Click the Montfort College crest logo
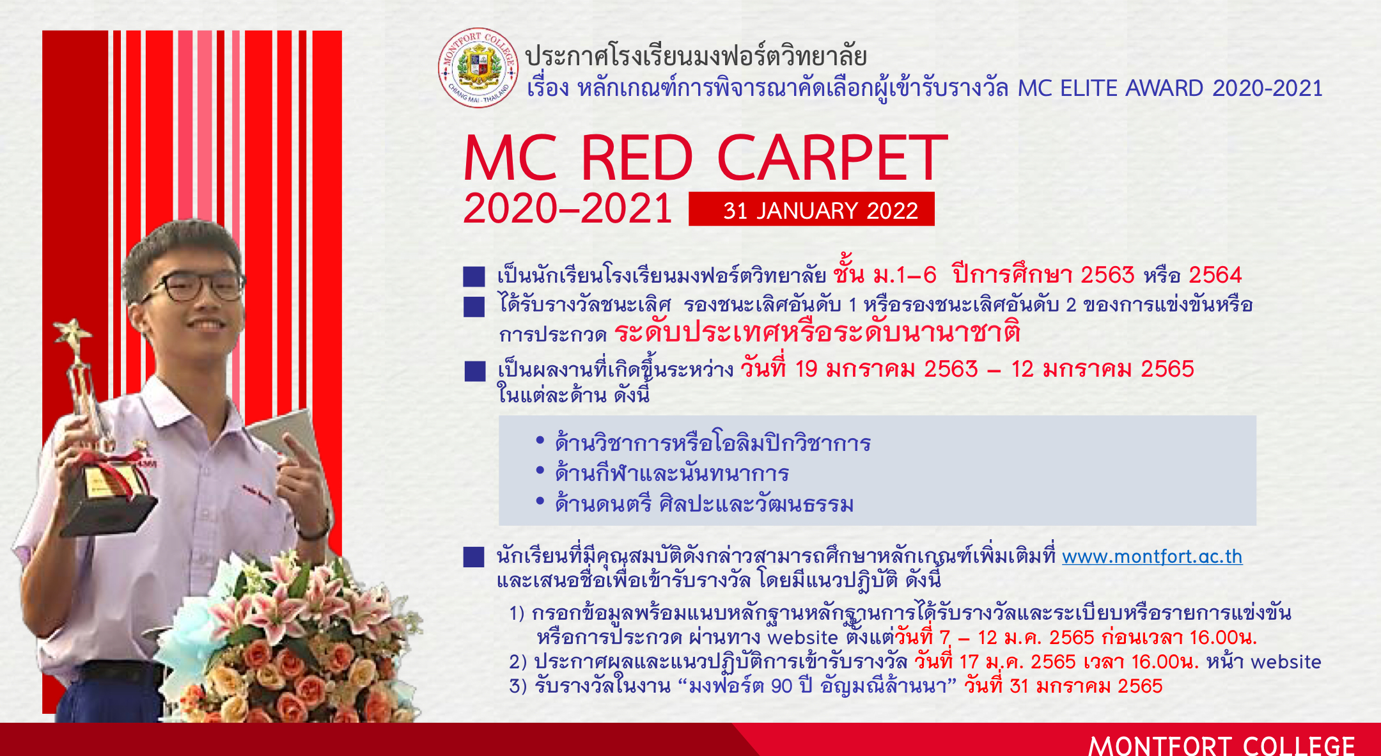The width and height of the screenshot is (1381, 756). pyautogui.click(x=479, y=68)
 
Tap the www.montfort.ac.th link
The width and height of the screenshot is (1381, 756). pyautogui.click(x=1152, y=556)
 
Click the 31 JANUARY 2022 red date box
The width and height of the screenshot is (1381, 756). pyautogui.click(x=811, y=209)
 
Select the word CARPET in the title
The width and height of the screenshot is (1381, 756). pyautogui.click(x=832, y=158)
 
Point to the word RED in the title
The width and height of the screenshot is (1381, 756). pyautogui.click(x=636, y=158)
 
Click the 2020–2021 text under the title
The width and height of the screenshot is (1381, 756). pyautogui.click(x=567, y=209)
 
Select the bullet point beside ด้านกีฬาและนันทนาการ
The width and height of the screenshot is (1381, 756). pyautogui.click(x=540, y=471)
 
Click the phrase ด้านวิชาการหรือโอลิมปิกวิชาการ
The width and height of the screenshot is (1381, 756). pyautogui.click(x=713, y=443)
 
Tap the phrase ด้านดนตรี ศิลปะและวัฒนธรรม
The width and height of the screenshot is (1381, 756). pyautogui.click(x=704, y=503)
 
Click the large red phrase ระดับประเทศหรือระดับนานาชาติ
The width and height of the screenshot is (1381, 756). pyautogui.click(x=816, y=332)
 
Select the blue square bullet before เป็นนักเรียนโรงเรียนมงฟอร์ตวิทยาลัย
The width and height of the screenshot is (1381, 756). pyautogui.click(x=474, y=276)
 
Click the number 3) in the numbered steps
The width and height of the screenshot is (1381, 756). pyautogui.click(x=518, y=686)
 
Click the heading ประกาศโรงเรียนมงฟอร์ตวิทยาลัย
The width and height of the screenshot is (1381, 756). pyautogui.click(x=696, y=56)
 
